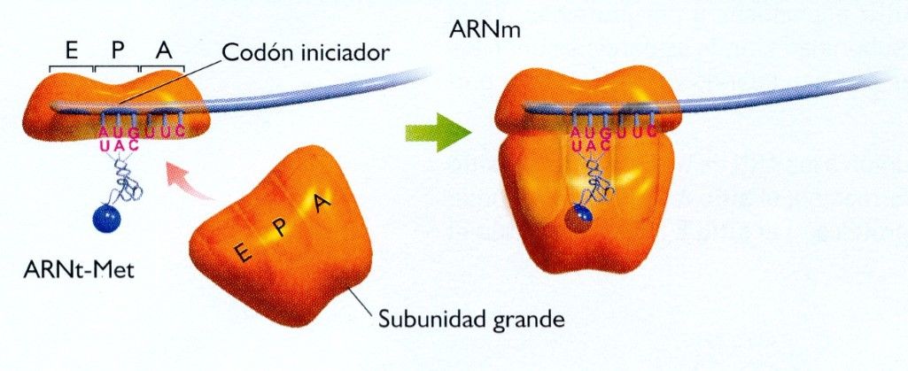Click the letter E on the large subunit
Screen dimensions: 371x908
241,255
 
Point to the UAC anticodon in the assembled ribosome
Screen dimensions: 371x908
590,144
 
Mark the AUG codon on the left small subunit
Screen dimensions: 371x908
120,133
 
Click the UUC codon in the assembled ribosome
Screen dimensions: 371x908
636,132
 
